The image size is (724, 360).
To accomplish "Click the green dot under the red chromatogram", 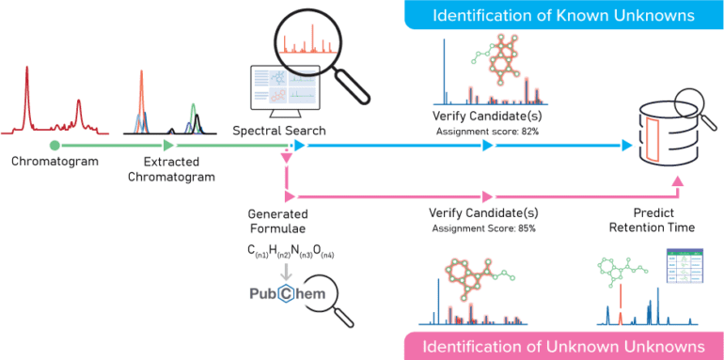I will [x=54, y=145].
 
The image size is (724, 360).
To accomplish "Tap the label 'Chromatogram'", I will [x=54, y=162].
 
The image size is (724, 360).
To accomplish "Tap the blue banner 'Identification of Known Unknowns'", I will [x=553, y=15].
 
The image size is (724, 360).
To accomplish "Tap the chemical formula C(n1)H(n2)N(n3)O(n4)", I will [x=291, y=250].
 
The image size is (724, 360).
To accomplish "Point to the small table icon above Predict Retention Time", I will [x=683, y=268].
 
